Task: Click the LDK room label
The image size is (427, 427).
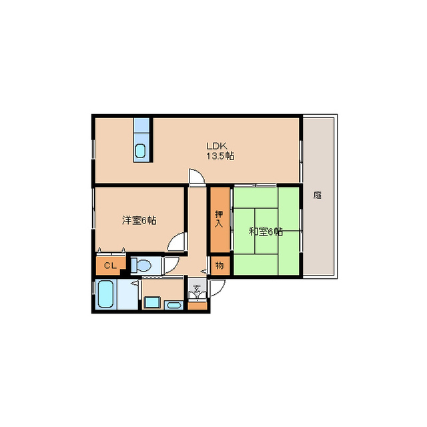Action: coord(216,146)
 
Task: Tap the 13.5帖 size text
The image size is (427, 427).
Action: coord(220,156)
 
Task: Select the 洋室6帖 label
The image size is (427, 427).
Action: coord(139,220)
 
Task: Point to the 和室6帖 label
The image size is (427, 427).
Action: coord(266,232)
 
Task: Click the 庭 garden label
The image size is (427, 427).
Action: coord(318,195)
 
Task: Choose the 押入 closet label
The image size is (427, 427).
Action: coord(219,219)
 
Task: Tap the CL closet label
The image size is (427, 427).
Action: coord(110,266)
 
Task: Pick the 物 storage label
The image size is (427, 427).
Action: coord(220,266)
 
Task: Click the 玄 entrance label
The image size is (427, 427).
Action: coord(196,288)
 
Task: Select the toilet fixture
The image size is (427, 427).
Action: coord(141,265)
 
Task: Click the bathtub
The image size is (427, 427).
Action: coord(105,294)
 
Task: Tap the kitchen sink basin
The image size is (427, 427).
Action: coord(140,151)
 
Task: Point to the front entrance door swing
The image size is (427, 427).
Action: coord(218,288)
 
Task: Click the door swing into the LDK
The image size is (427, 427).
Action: coord(197,176)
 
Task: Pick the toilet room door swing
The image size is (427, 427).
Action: coord(171,265)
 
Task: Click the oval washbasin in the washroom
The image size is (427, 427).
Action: coord(174,305)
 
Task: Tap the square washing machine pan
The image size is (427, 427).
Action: coord(151,302)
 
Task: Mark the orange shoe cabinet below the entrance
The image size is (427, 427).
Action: coord(197,306)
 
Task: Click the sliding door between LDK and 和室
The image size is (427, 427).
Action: coord(264,185)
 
